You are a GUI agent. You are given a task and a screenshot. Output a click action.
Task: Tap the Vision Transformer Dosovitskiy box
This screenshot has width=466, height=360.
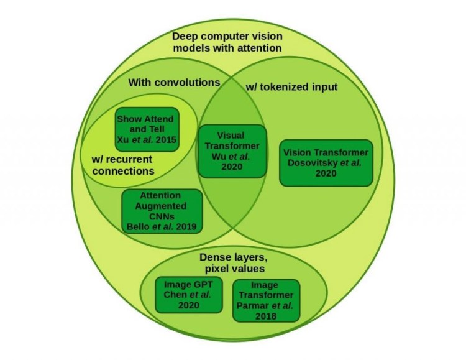(326, 163)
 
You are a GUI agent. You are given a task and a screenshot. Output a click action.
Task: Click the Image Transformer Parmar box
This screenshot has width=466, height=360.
(266, 300)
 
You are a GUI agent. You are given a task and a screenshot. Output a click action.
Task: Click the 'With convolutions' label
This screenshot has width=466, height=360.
(174, 82)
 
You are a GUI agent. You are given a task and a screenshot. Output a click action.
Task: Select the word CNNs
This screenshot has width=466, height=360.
(162, 216)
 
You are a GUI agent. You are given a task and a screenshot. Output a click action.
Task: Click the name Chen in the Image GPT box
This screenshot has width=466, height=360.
(175, 295)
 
